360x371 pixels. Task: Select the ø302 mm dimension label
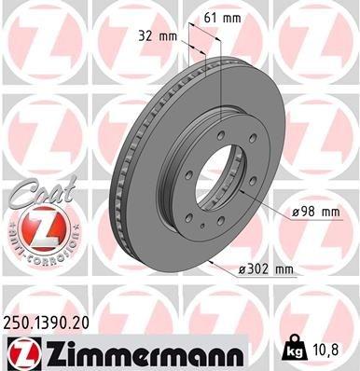(267, 270)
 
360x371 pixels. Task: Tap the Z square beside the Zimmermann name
(20, 350)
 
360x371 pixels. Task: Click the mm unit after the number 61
(233, 16)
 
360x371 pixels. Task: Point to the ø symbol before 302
(243, 270)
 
